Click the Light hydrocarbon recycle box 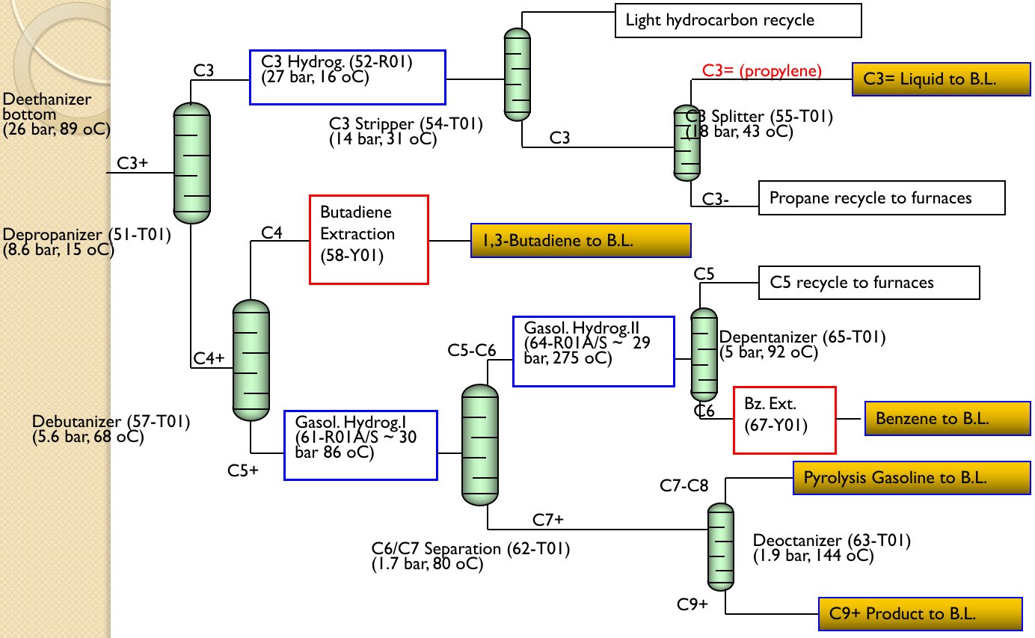[x=738, y=20]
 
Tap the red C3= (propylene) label [x=761, y=71]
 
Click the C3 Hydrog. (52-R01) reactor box [x=347, y=76]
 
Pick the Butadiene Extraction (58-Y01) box [x=369, y=239]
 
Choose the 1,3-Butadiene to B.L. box [x=580, y=240]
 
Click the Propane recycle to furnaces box [x=882, y=197]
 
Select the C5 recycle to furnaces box [x=868, y=283]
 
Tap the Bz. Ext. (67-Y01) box [x=784, y=420]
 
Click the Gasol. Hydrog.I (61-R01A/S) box [x=360, y=445]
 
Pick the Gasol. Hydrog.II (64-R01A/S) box [x=593, y=351]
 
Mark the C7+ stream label [x=547, y=519]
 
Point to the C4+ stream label [x=209, y=358]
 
